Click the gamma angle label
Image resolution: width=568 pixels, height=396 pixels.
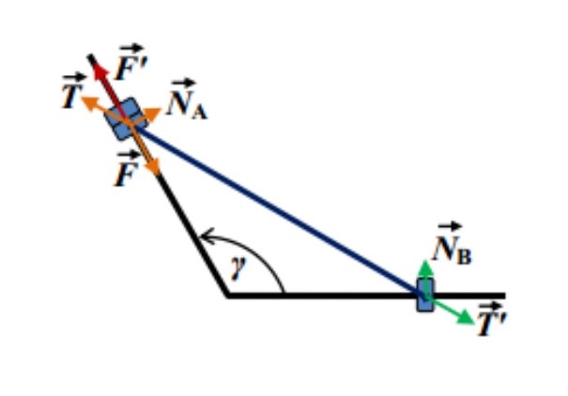[x=238, y=267]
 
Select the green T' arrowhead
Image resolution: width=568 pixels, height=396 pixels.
[x=465, y=318]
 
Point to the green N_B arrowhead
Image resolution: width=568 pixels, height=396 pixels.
[x=425, y=268]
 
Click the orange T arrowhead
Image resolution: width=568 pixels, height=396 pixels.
[x=90, y=103]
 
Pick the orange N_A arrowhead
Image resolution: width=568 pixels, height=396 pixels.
[x=152, y=114]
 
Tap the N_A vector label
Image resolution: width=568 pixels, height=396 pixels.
[x=187, y=99]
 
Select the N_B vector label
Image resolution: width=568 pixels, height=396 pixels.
[x=453, y=243]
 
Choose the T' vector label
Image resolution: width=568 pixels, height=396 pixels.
[x=492, y=319]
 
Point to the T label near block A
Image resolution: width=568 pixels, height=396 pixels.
[x=73, y=91]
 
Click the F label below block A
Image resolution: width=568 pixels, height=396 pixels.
[x=127, y=169]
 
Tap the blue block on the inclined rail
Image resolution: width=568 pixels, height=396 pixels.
[x=127, y=118]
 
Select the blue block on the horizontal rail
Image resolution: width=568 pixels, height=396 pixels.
[x=425, y=295]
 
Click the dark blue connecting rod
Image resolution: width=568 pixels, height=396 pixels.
[x=278, y=210]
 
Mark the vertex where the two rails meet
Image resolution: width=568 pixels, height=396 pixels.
[x=227, y=297]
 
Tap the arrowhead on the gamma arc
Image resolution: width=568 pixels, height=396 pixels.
[x=207, y=236]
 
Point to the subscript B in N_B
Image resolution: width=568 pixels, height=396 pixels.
[x=464, y=256]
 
